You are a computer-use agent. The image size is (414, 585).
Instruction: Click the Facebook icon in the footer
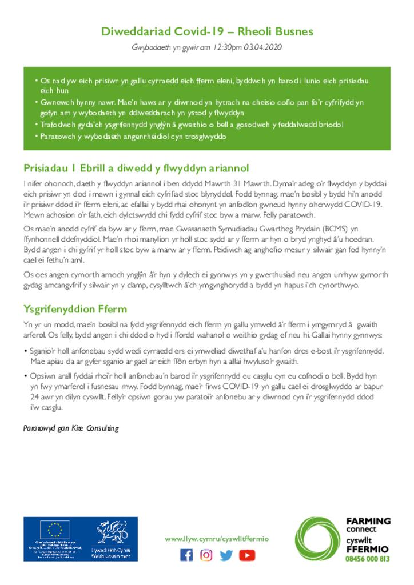pos(186,555)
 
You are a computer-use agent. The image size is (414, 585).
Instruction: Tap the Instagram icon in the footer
pos(206,555)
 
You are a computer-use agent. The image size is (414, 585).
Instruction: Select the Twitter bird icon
pos(226,555)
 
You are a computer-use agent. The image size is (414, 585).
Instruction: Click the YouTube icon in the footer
pos(247,555)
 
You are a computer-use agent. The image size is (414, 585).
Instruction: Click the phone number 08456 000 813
pos(368,559)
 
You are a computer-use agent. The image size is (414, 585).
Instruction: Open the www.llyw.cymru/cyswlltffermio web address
pos(216,539)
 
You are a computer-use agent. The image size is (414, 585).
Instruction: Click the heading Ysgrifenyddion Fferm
pos(75,309)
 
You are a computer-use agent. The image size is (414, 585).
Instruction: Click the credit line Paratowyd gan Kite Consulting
pos(71,428)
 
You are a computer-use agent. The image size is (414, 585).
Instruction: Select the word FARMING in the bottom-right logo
pos(368,521)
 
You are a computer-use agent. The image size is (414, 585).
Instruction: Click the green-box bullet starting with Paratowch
pos(133,137)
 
